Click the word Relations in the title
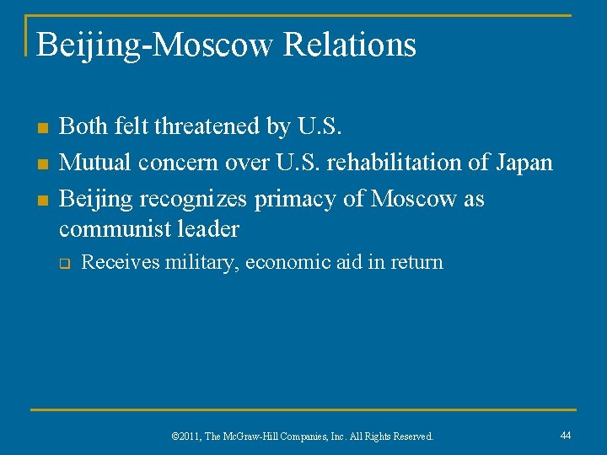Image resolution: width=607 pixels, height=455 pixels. (x=349, y=45)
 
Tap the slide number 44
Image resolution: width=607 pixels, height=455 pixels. (x=566, y=435)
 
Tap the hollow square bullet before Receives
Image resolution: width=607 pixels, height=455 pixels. (x=63, y=264)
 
